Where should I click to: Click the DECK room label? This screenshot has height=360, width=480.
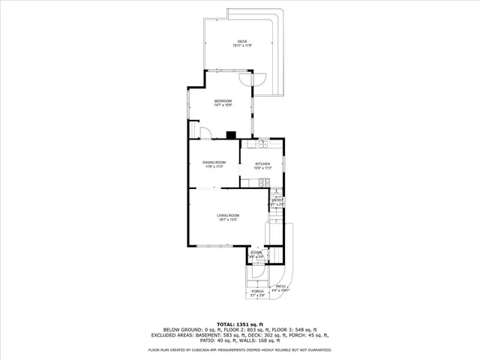click(241, 41)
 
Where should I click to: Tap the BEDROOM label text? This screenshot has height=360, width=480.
click(223, 101)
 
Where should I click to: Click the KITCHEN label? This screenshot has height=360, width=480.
click(262, 164)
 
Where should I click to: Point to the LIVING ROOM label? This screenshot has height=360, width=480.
click(228, 216)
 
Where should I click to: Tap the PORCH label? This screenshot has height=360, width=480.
click(257, 291)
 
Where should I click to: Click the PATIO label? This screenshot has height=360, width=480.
click(281, 286)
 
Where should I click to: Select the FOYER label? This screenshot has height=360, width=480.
click(256, 253)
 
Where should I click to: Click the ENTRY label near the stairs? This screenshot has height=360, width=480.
click(277, 200)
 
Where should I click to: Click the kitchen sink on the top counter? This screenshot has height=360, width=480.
click(264, 142)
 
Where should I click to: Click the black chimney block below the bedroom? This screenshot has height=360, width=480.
click(231, 136)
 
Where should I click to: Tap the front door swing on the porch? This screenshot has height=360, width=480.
click(257, 273)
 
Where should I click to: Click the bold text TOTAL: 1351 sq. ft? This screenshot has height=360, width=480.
click(239, 324)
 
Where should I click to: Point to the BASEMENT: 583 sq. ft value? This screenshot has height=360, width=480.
click(221, 334)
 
